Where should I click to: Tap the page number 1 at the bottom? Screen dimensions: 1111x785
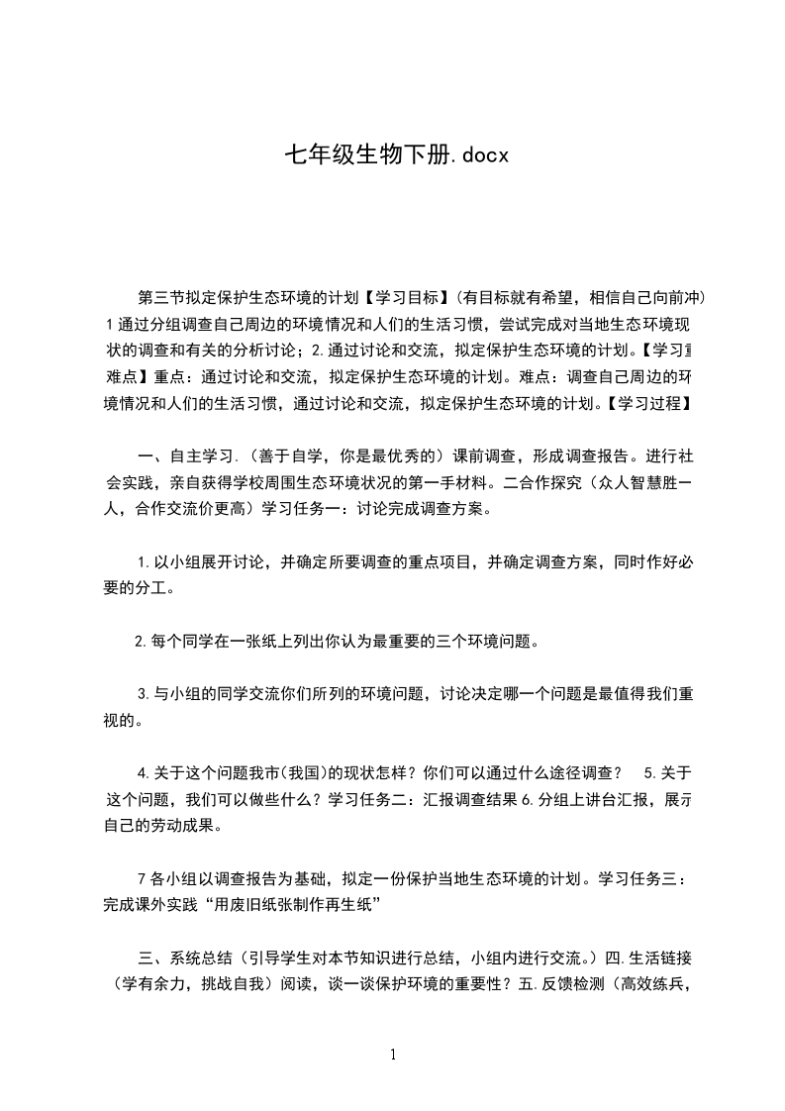tap(393, 1055)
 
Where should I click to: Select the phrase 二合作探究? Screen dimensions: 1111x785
tap(547, 484)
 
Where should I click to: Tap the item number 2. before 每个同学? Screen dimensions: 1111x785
tap(141, 641)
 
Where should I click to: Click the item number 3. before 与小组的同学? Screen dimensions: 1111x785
tap(143, 694)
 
